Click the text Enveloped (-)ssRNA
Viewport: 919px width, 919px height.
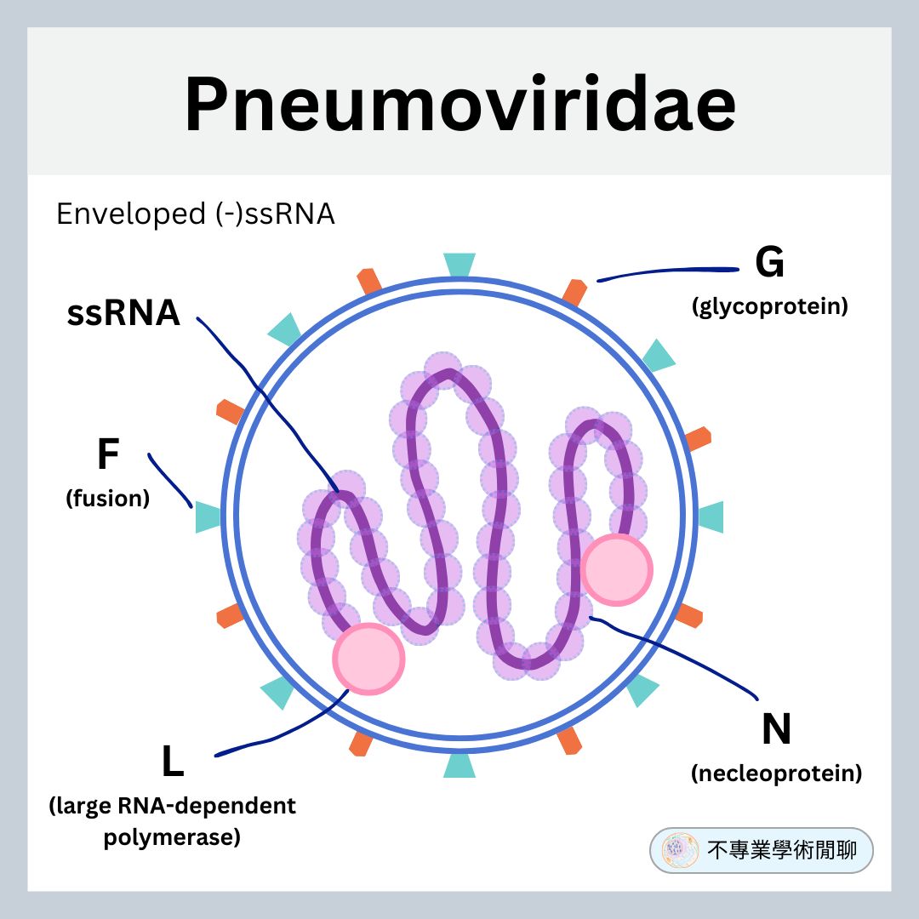(x=195, y=214)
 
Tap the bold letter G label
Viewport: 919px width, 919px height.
(x=769, y=264)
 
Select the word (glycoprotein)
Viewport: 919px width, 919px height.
(x=769, y=307)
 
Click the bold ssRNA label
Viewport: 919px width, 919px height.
(x=123, y=314)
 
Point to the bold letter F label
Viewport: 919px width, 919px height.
(x=107, y=455)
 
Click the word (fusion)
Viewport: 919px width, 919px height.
(x=107, y=499)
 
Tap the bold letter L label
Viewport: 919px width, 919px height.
(x=173, y=762)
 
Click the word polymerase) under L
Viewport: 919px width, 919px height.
(x=172, y=837)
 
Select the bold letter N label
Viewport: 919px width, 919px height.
(x=776, y=730)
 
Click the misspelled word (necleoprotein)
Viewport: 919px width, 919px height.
(x=776, y=773)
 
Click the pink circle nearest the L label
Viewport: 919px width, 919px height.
(x=368, y=658)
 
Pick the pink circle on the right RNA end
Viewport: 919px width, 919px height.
(x=617, y=570)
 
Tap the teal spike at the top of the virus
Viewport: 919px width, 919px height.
(x=459, y=265)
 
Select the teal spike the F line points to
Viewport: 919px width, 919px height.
(x=208, y=517)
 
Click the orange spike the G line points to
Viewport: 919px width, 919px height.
(x=574, y=290)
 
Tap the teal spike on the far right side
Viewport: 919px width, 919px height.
(x=711, y=517)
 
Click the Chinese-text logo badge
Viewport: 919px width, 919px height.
(x=762, y=850)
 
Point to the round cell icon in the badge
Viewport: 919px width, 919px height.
(x=680, y=850)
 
